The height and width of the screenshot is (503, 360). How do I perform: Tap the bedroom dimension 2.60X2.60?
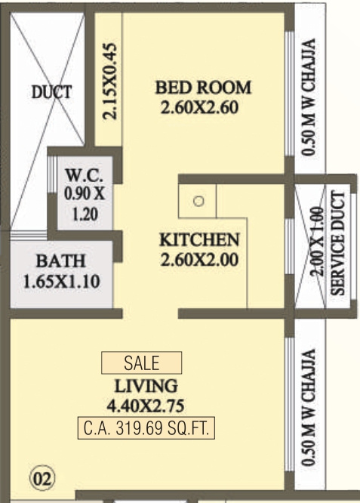199,107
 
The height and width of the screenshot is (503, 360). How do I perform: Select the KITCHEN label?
199,240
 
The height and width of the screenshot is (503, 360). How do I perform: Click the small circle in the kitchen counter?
198,202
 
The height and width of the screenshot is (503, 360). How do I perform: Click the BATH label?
60,262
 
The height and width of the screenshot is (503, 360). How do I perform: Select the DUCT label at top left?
52,93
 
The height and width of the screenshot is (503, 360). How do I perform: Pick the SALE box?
141,363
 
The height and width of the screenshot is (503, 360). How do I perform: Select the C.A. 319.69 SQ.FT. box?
146,427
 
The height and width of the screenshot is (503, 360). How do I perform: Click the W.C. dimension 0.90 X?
85,193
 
